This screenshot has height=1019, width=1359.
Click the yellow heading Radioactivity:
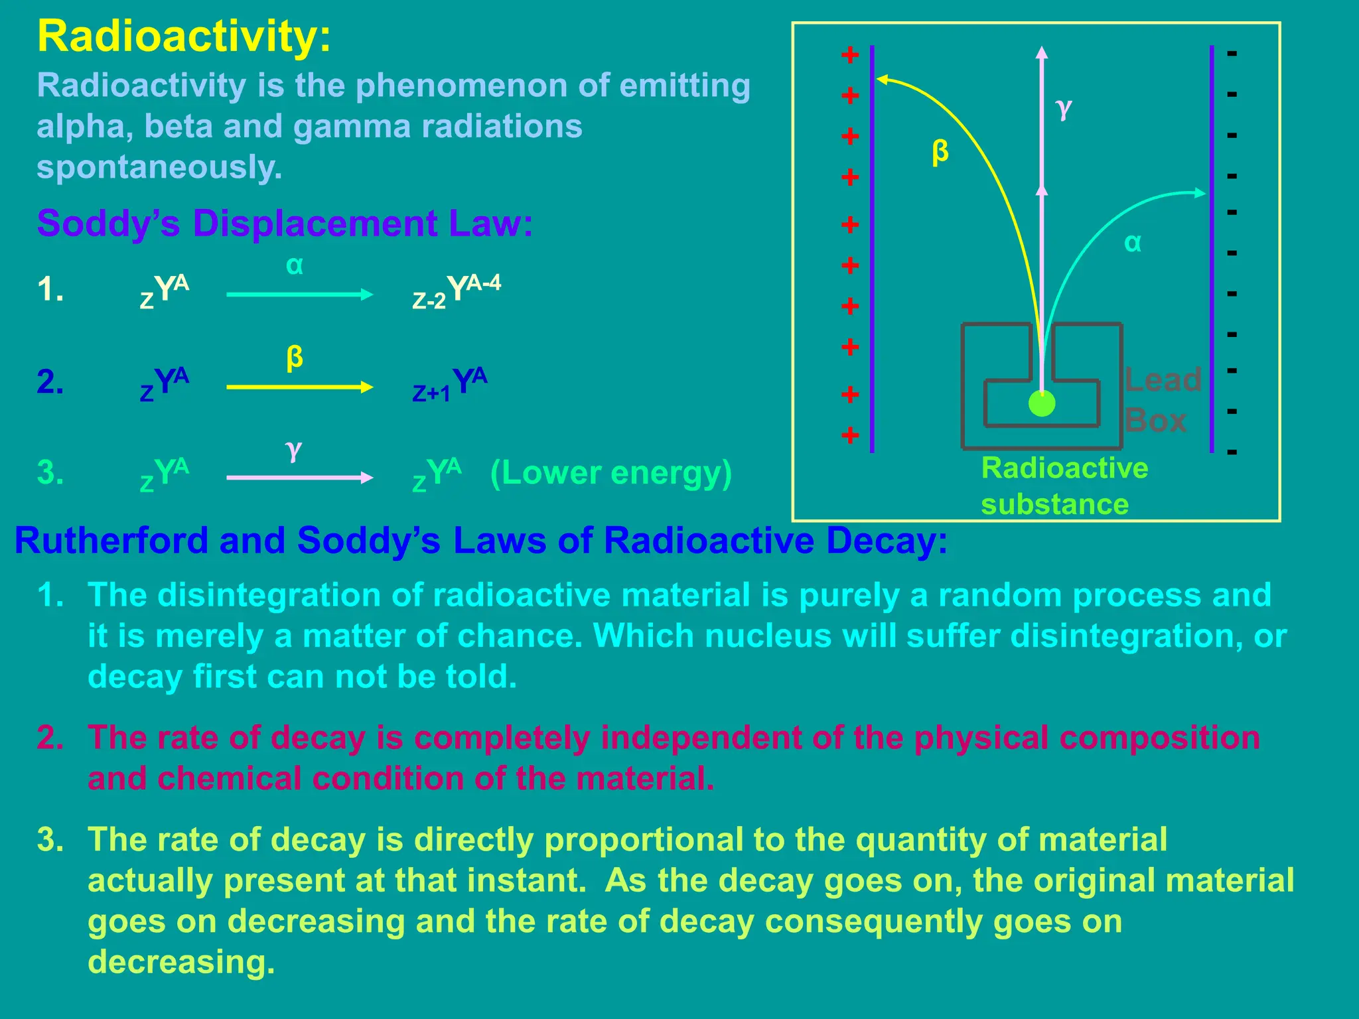(184, 36)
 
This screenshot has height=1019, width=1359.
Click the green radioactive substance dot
(1042, 403)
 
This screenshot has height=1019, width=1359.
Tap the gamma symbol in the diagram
(1064, 107)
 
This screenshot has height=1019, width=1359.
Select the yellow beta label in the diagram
(940, 152)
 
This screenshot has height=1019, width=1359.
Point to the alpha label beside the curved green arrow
(1133, 243)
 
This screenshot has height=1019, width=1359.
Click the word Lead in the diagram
(1163, 380)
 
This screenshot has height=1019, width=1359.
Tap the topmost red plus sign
(850, 55)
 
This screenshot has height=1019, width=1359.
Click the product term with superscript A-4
(457, 291)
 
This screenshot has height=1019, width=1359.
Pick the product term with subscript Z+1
(450, 384)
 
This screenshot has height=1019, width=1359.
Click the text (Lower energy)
(610, 473)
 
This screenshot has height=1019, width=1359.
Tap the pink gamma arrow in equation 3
(299, 478)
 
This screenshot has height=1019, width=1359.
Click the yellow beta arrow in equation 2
(299, 387)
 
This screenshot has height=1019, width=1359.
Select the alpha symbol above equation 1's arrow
(295, 266)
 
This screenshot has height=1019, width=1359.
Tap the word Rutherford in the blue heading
(111, 540)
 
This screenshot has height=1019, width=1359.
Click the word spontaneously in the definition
(159, 167)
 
